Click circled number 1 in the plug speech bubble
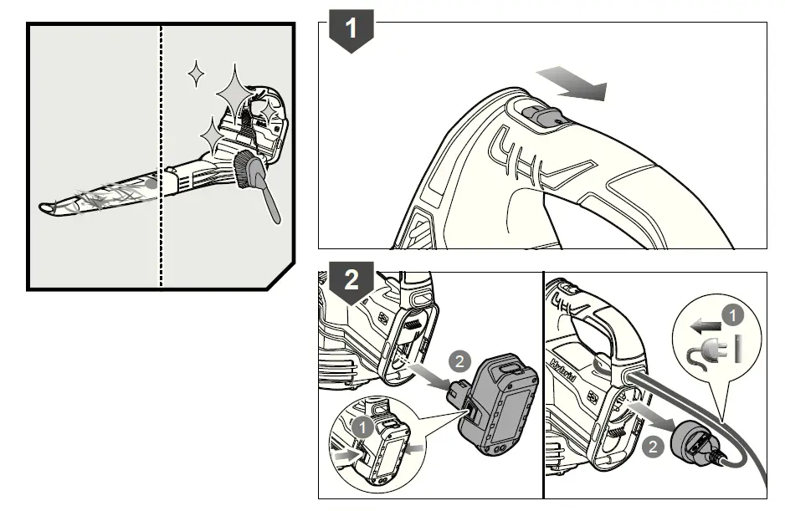click(732, 317)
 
